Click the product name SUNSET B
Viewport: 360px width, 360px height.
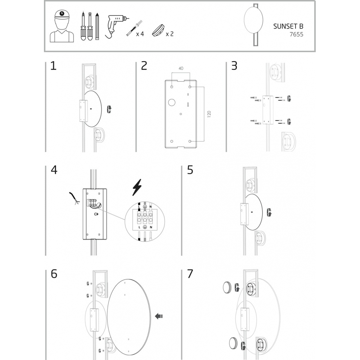[288, 26]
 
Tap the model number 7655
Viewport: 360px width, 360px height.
[296, 35]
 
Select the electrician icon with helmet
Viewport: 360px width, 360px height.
[62, 26]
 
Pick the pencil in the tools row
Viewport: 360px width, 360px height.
[97, 26]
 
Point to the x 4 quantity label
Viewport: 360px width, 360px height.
[140, 34]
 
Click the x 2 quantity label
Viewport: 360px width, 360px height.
[170, 34]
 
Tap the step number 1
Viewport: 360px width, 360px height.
[53, 66]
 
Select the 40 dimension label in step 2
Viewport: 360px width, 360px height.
[181, 68]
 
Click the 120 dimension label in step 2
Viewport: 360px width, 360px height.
[209, 114]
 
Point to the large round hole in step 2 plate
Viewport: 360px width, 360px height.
[172, 102]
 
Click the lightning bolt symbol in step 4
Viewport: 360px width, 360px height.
[137, 188]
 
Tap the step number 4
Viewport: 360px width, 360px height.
[54, 170]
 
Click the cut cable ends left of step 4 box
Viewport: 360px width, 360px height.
[75, 199]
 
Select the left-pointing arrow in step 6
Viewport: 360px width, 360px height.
[159, 316]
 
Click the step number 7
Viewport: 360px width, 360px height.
[190, 274]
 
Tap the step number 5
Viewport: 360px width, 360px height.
[190, 170]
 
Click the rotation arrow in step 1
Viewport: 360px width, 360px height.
[109, 109]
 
